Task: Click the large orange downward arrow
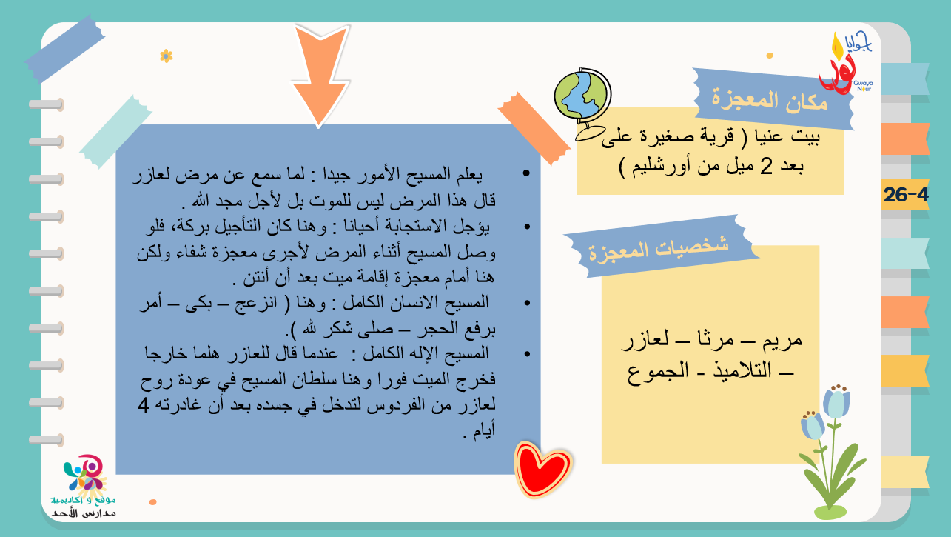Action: (320, 73)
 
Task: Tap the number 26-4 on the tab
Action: (906, 195)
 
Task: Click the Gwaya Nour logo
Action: (846, 63)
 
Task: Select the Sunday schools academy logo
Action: (83, 487)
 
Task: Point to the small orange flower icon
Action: (166, 56)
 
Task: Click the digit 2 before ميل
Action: (766, 166)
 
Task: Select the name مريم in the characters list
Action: (782, 340)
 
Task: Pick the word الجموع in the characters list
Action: (658, 371)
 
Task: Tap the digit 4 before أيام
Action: (143, 405)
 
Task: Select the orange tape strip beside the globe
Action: (534, 128)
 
